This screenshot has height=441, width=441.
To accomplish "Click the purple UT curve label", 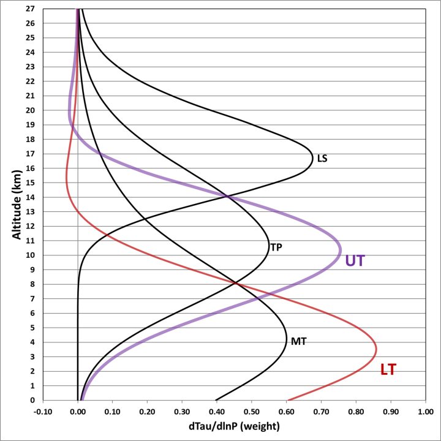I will coord(355,260).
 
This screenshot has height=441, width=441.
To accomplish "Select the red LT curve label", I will coord(388,369).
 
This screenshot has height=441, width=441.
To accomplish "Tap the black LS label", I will coord(322,158).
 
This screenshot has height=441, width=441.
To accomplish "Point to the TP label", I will coord(277,247).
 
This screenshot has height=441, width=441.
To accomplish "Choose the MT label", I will coord(298,341).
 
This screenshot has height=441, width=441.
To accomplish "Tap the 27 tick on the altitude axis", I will coord(30,9).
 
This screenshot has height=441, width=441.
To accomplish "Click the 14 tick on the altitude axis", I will coord(30,197).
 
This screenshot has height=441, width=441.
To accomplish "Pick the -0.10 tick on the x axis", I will coord(43,412).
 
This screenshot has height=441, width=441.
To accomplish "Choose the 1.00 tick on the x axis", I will coord(425,412).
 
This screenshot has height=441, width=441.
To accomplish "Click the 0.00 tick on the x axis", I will coord(78,412).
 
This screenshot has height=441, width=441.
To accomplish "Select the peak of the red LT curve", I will coord(376,350).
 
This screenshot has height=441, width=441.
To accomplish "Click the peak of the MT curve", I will coord(287,341).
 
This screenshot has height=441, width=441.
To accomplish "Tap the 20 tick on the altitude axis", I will coord(30,110).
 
